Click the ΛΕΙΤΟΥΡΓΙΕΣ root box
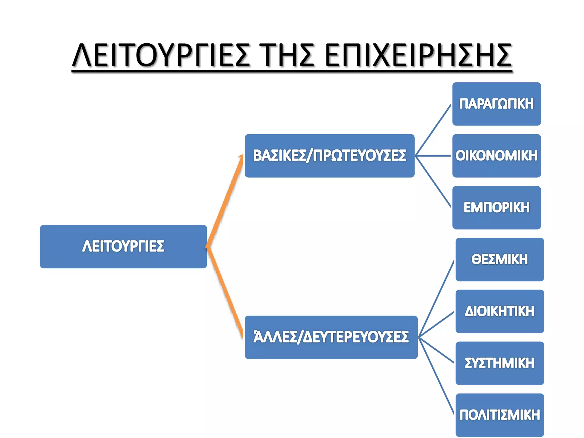click(x=123, y=246)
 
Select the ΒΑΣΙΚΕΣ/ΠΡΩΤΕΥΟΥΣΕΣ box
click(x=329, y=156)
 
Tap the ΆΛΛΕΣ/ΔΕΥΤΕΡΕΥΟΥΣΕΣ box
click(x=331, y=337)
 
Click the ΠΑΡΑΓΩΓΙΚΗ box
click(x=496, y=104)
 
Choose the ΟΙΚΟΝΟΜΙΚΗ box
click(x=496, y=156)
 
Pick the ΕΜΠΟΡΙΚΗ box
click(x=496, y=208)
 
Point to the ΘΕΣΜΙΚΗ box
click(x=500, y=259)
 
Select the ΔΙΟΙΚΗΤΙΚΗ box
click(x=500, y=311)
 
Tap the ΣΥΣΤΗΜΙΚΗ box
click(x=500, y=363)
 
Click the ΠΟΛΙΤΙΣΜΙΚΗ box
click(x=500, y=415)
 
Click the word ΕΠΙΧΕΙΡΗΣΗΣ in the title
click(x=418, y=55)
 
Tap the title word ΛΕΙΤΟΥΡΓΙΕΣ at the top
click(x=161, y=55)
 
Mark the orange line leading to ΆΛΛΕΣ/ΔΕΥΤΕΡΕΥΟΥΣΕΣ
click(x=225, y=291)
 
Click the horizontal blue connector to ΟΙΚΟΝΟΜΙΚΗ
click(x=433, y=156)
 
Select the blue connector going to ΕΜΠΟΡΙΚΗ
click(x=433, y=181)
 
